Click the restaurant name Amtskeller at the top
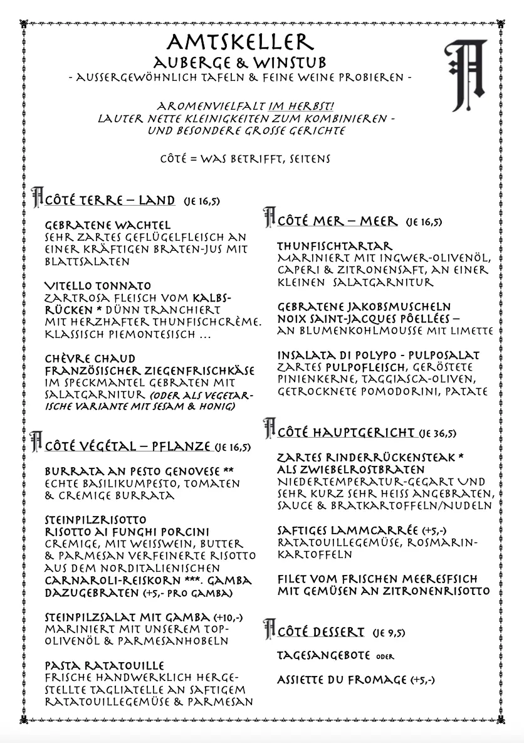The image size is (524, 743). click(239, 43)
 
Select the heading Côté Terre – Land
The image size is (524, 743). click(110, 200)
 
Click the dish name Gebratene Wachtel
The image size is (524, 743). click(108, 224)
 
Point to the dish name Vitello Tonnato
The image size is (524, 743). click(98, 286)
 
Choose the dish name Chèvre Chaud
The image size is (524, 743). click(90, 359)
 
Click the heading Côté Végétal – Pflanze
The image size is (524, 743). click(127, 446)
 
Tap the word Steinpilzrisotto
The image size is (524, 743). click(96, 520)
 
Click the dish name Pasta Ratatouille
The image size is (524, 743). click(105, 665)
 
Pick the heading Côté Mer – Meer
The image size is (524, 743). click(337, 221)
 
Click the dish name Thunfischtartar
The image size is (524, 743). click(335, 246)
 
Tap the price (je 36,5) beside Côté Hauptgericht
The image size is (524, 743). click(438, 433)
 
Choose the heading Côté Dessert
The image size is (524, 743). click(321, 631)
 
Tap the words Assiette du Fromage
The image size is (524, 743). click(342, 680)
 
